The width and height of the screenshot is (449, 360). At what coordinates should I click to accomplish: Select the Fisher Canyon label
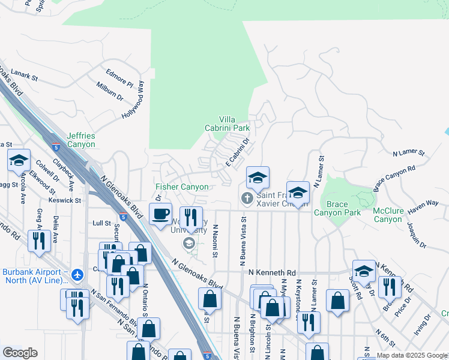(182, 187)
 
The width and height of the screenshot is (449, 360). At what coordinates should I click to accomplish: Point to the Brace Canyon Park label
(337, 208)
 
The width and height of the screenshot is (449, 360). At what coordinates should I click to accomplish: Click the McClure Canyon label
(388, 214)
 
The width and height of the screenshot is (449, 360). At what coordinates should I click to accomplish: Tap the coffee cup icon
(160, 214)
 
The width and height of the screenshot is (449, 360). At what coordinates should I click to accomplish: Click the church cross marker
(247, 198)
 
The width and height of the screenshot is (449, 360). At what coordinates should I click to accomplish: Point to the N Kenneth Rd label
(273, 272)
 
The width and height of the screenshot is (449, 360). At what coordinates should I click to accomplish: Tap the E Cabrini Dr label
(237, 154)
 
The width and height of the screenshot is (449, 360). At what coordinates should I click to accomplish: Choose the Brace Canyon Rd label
(394, 179)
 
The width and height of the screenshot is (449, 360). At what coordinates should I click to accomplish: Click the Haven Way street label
(423, 207)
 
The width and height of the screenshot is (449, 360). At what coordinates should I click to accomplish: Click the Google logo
(20, 353)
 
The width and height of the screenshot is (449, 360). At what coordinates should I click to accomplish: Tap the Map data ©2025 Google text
(412, 356)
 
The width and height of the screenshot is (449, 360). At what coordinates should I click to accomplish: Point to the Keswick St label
(66, 200)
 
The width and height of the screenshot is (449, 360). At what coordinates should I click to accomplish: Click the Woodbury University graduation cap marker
(188, 242)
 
